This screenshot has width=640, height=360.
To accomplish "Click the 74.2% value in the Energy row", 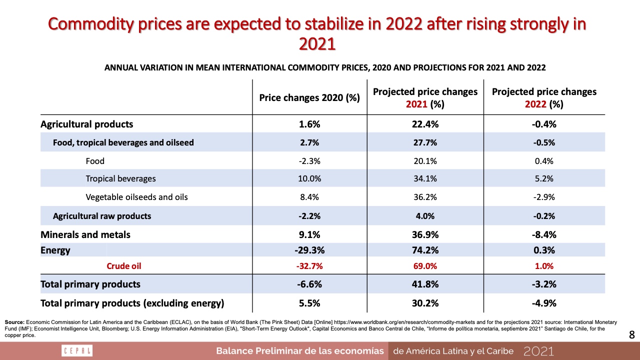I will pyautogui.click(x=425, y=250).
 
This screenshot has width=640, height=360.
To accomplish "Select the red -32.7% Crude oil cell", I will pyautogui.click(x=309, y=266).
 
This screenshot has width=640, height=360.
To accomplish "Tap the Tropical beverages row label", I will pyautogui.click(x=120, y=178).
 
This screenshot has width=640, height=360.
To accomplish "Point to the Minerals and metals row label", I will pyautogui.click(x=85, y=234).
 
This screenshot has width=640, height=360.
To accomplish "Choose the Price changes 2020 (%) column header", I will pyautogui.click(x=309, y=97).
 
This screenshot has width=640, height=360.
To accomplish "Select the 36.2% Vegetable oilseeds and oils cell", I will pyautogui.click(x=425, y=197).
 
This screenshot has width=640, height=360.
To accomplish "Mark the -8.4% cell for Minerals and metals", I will pyautogui.click(x=544, y=234).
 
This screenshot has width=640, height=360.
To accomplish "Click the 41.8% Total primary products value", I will pyautogui.click(x=425, y=284).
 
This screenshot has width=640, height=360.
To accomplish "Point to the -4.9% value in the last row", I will pyautogui.click(x=544, y=302).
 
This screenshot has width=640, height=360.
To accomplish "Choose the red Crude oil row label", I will pyautogui.click(x=123, y=266).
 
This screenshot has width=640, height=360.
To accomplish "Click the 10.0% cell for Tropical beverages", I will pyautogui.click(x=309, y=178).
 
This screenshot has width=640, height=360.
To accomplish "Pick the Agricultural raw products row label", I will pyautogui.click(x=102, y=216).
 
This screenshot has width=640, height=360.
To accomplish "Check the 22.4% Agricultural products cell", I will pyautogui.click(x=425, y=124).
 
